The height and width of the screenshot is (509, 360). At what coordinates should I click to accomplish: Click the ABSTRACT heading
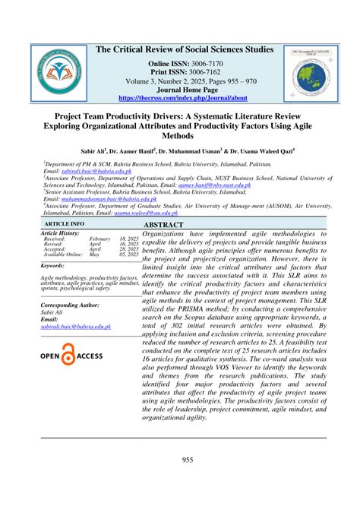click(x=166, y=226)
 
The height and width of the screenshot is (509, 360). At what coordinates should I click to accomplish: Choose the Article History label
click(x=62, y=232)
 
